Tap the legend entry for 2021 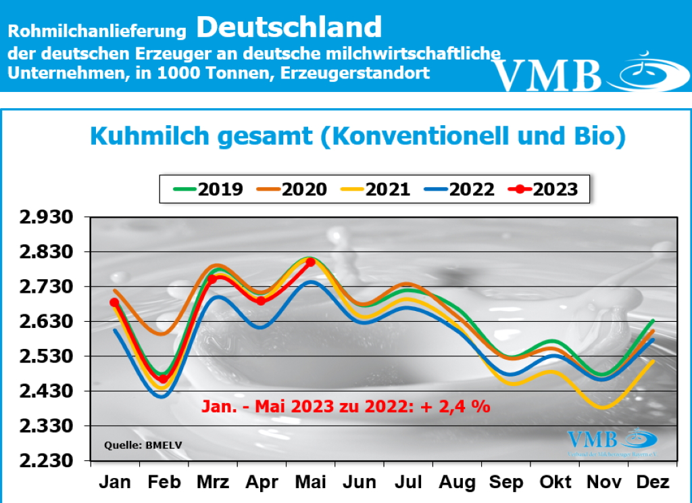point(376,189)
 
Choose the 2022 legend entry point(460,189)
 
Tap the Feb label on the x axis point(163,482)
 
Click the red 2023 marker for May point(310,262)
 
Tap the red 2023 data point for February point(163,379)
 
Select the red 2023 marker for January point(115,302)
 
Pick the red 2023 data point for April point(261,301)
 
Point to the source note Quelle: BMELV point(134,445)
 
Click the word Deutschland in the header point(289,27)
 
